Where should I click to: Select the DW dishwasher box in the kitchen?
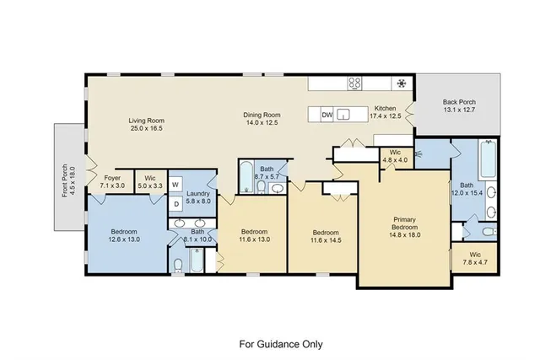(x=327, y=115)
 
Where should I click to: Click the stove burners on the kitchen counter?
(x=356, y=83)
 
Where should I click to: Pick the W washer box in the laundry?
(x=175, y=183)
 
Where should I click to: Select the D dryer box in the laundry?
(x=175, y=203)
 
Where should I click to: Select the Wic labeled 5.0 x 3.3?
(x=150, y=183)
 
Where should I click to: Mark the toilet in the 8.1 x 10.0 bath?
(x=178, y=266)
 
